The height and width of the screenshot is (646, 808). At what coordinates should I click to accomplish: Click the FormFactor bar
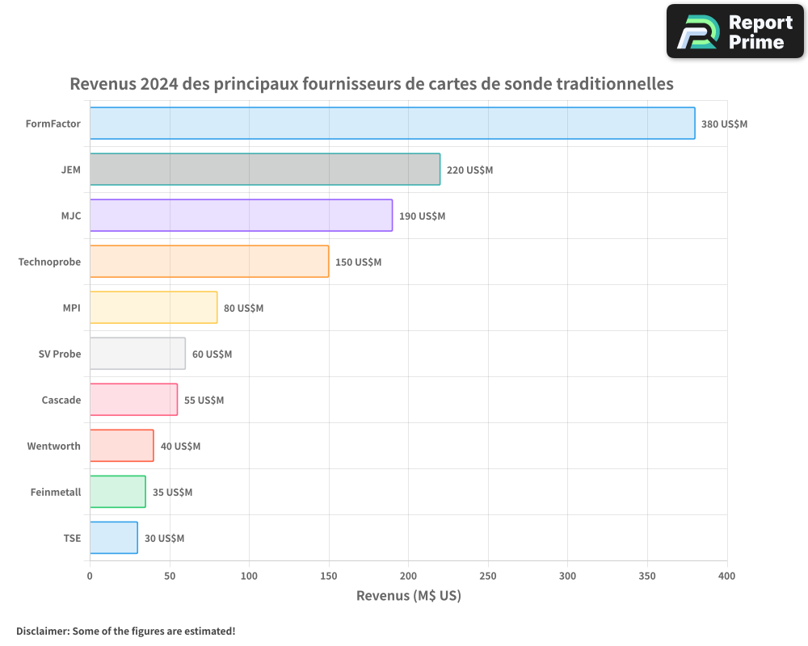(392, 124)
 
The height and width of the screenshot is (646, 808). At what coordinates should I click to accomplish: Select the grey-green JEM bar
(265, 170)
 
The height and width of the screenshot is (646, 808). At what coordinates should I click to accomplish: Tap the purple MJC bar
(241, 216)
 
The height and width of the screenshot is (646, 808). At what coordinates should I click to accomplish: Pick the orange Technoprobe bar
(209, 262)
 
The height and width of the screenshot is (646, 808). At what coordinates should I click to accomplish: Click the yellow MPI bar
(154, 308)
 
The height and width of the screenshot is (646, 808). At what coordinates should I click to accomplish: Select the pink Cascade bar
(133, 400)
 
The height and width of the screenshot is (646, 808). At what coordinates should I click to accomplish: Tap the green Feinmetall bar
(118, 492)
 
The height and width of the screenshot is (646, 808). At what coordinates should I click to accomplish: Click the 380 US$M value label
(724, 124)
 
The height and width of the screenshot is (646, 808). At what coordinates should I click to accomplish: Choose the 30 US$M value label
(164, 539)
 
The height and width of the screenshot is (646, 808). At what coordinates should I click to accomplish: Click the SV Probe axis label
(60, 354)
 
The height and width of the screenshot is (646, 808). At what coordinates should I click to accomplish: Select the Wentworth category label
(54, 446)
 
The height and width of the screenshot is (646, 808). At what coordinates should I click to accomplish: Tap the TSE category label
(72, 538)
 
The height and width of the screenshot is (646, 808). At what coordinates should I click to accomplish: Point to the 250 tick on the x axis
(488, 577)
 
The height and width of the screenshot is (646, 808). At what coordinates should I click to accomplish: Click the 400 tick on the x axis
(726, 577)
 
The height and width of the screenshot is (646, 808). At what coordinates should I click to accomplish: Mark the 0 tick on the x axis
(90, 577)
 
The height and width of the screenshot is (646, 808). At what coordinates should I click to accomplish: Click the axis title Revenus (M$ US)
(408, 596)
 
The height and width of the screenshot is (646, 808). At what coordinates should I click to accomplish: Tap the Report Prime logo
(734, 31)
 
